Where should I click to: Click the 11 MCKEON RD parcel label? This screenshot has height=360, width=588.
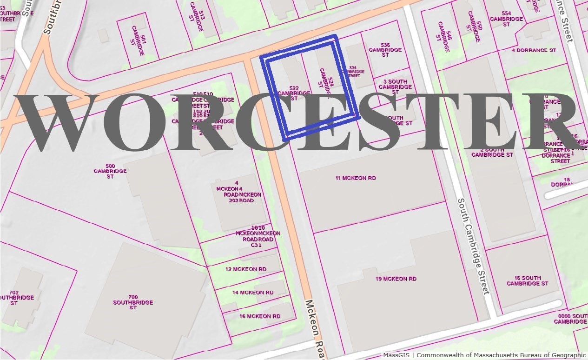pyautogui.click(x=356, y=178)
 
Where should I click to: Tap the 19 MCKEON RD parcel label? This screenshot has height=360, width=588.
pyautogui.click(x=396, y=279)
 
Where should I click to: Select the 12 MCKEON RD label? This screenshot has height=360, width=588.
pyautogui.click(x=246, y=269)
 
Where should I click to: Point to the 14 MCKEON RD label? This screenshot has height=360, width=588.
pyautogui.click(x=253, y=293)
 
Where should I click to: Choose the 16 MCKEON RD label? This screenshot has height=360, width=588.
pyautogui.click(x=260, y=316)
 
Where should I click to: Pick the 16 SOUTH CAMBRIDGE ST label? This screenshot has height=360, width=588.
pyautogui.click(x=527, y=280)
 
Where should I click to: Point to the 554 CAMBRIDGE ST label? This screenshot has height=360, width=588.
pyautogui.click(x=506, y=19)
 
